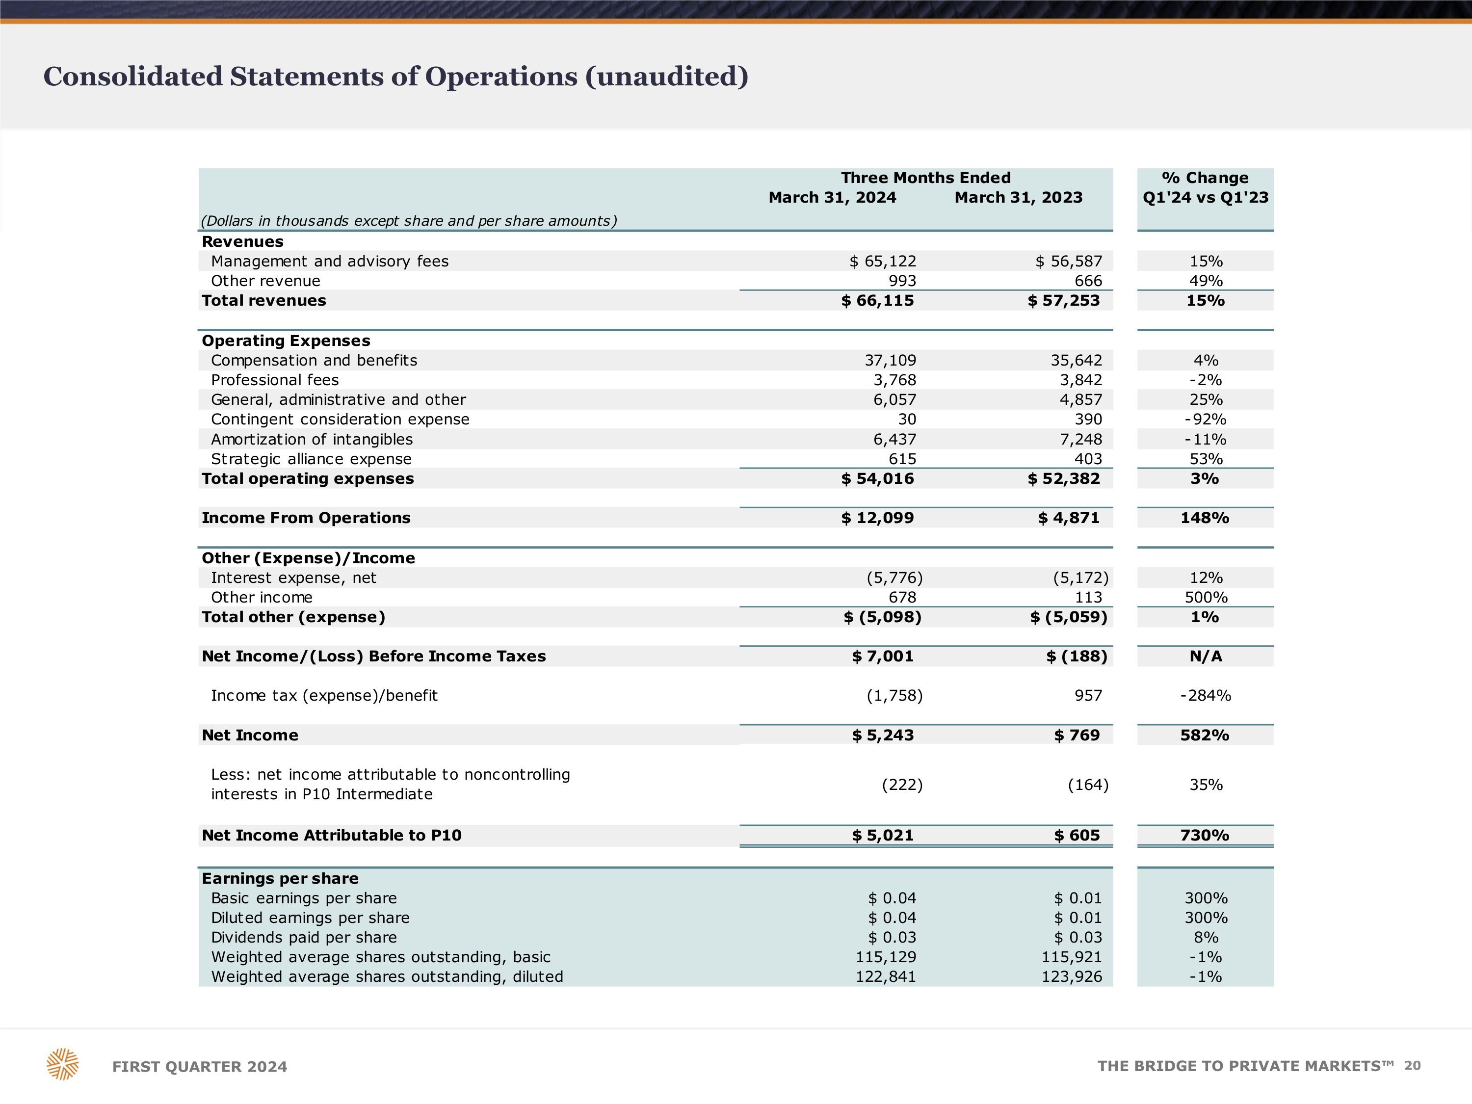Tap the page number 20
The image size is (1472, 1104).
[1412, 1065]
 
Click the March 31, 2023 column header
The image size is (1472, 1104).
[1018, 198]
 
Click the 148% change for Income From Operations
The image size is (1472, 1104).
[1205, 518]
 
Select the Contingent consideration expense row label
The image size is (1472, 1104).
[340, 419]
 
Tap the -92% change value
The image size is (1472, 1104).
[1205, 419]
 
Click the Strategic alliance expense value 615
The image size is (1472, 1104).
[902, 459]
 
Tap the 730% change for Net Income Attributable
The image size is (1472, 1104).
[1205, 835]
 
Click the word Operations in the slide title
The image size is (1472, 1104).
[501, 77]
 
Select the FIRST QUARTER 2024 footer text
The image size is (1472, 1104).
[200, 1067]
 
